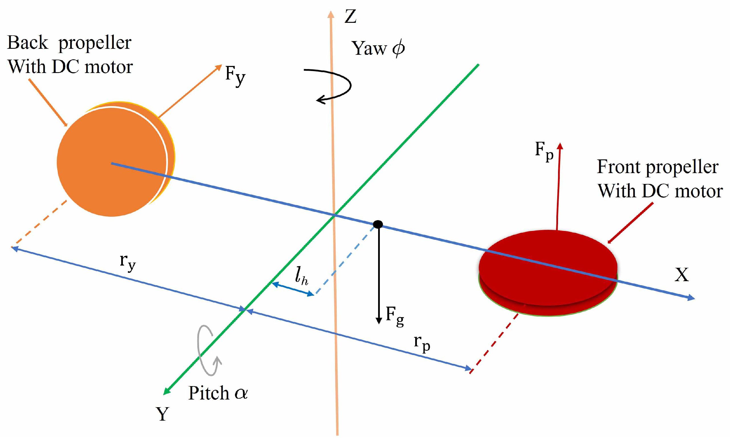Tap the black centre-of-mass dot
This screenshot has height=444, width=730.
pyautogui.click(x=378, y=224)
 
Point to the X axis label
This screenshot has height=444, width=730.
pyautogui.click(x=682, y=275)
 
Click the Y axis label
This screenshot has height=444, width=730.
pyautogui.click(x=162, y=414)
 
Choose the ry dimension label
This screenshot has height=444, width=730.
pyautogui.click(x=128, y=262)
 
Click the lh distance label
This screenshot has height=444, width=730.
pyautogui.click(x=301, y=276)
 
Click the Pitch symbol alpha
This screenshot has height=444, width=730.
pyautogui.click(x=241, y=393)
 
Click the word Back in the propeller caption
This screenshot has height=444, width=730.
pyautogui.click(x=27, y=43)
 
